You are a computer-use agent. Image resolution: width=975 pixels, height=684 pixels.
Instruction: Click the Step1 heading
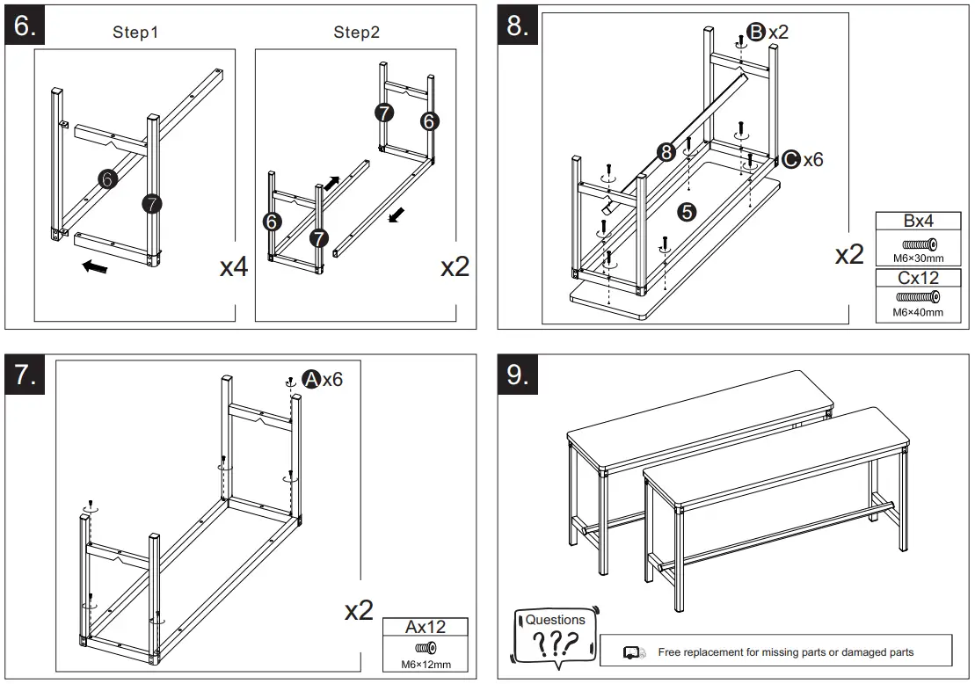tap(135, 33)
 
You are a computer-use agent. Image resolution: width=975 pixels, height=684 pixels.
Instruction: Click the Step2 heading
tap(356, 33)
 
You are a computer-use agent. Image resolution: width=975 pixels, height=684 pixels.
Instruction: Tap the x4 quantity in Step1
tap(233, 266)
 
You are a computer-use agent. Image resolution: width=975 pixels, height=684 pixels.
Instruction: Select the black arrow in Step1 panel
tap(95, 266)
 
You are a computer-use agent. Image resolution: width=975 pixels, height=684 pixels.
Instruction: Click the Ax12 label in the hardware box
tap(426, 627)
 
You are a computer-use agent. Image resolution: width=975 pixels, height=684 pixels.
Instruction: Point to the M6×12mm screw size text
tap(426, 664)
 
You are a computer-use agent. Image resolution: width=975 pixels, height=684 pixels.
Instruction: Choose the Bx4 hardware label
tap(918, 221)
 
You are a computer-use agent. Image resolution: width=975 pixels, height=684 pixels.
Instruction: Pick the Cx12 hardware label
tap(918, 278)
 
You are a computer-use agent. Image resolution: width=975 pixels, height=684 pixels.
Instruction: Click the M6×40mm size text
tap(918, 312)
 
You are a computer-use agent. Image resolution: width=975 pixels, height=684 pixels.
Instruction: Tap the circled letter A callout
tap(310, 379)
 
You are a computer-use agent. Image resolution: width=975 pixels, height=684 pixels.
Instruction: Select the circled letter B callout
tap(756, 33)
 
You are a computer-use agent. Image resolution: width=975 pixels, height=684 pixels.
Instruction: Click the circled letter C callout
tap(790, 159)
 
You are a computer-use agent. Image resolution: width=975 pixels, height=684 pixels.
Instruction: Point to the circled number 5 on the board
tap(687, 211)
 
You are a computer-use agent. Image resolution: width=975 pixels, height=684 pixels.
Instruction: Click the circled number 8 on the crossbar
tap(666, 152)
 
